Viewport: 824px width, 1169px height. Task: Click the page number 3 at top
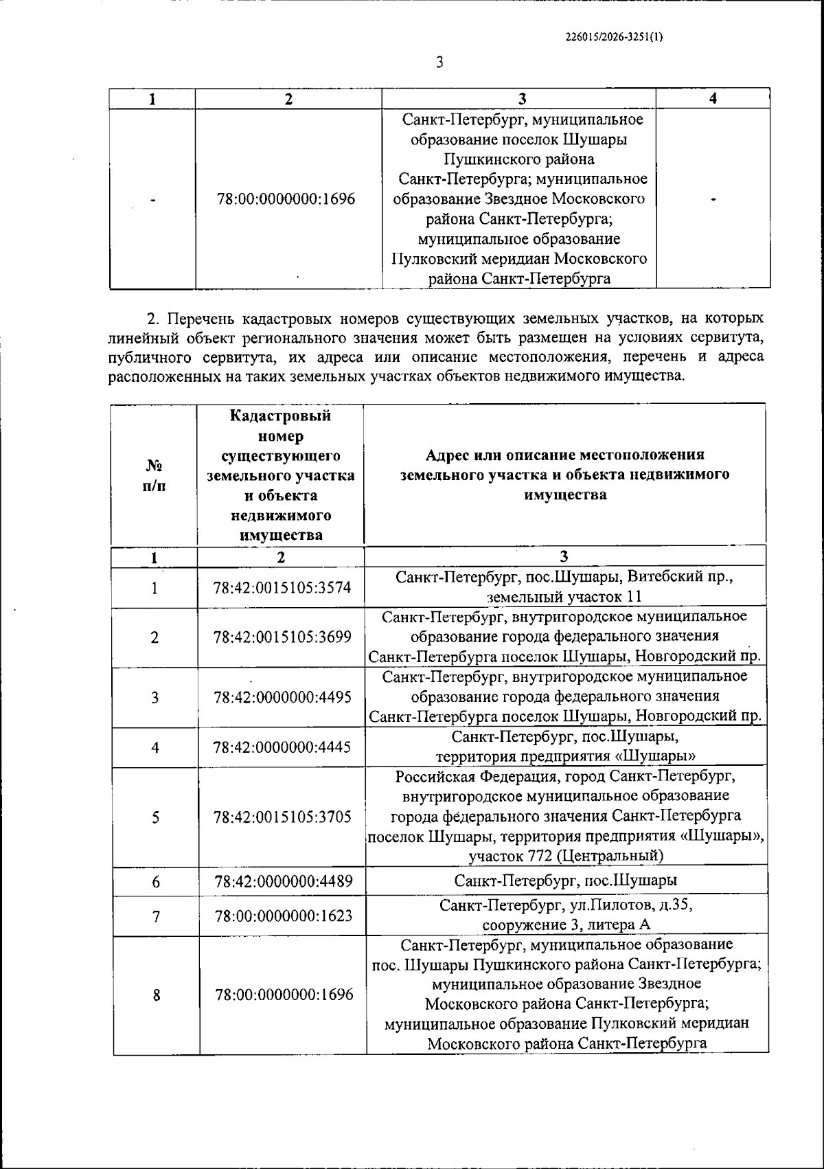tap(439, 63)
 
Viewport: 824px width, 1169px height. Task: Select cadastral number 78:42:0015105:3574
tap(282, 588)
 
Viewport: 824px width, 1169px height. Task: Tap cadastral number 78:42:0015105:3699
tap(282, 637)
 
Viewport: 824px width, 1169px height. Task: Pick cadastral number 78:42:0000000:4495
tap(282, 697)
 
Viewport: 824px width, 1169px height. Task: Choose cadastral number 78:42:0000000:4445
tap(282, 747)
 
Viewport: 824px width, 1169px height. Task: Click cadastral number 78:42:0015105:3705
tap(282, 817)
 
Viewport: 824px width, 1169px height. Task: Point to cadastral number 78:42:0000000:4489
tap(282, 881)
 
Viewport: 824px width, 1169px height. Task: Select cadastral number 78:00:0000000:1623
tap(283, 916)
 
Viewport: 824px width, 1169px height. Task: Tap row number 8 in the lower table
tap(156, 995)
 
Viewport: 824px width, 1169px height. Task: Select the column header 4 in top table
tap(713, 99)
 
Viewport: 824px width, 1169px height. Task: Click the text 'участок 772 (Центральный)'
tap(566, 856)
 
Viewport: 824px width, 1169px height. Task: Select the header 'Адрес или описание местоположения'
tap(564, 455)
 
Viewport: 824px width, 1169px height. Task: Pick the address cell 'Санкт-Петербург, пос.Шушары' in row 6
tap(566, 881)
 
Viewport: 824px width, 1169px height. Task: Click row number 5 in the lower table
tap(156, 817)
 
